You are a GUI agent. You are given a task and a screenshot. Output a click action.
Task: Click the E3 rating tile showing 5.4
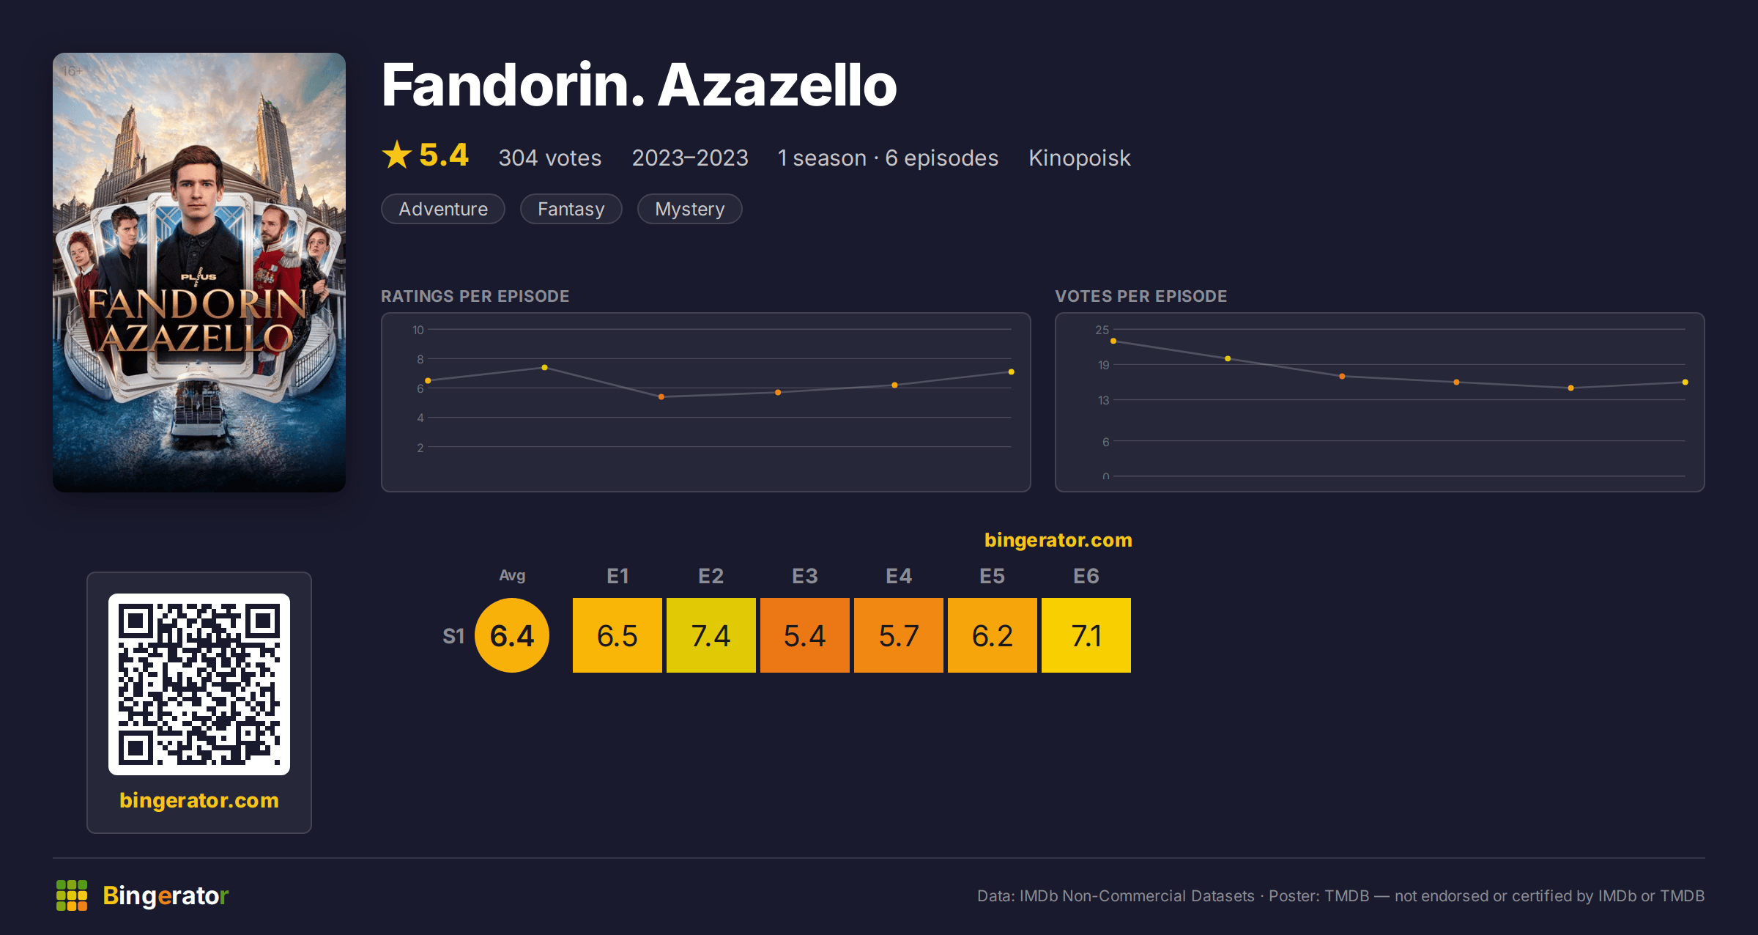point(804,635)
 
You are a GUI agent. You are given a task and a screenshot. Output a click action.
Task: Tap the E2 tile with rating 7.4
point(711,635)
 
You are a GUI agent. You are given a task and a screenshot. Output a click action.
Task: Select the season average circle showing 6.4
point(512,635)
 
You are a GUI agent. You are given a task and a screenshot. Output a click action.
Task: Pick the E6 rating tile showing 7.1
point(1086,635)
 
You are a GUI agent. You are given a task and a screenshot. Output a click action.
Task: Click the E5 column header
point(992,576)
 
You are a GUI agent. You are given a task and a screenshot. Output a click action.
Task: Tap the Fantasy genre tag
point(571,209)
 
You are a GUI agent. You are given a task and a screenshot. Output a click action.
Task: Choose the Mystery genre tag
point(690,209)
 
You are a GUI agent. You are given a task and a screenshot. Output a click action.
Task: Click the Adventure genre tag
point(443,209)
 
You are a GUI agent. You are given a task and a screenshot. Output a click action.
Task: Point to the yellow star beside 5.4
point(397,155)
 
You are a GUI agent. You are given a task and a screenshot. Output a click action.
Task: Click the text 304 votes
point(550,158)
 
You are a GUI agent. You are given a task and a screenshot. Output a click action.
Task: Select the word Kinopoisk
point(1080,158)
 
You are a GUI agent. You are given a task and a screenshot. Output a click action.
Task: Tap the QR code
point(199,684)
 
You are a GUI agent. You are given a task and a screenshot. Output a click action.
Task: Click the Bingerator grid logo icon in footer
point(72,895)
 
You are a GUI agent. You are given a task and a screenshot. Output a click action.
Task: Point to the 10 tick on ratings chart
point(418,330)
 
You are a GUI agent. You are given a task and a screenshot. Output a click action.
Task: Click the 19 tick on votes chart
point(1103,365)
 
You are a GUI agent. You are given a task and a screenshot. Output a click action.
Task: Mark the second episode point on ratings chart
point(544,367)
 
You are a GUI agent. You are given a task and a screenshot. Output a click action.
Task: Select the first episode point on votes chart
point(1113,341)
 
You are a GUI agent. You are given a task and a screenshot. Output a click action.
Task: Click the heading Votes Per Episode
point(1141,296)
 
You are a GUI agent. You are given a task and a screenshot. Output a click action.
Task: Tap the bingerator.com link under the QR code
point(199,800)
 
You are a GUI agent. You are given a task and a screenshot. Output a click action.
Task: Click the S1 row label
point(453,636)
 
